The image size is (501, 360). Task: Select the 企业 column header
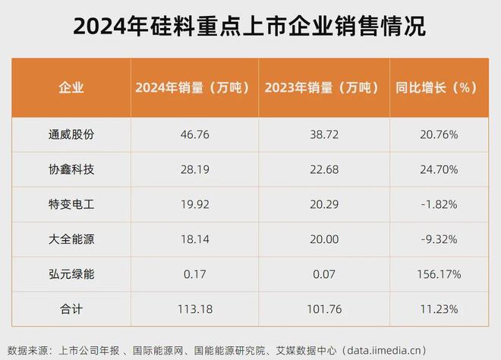pyautogui.click(x=71, y=87)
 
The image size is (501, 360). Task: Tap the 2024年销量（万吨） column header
pyautogui.click(x=193, y=87)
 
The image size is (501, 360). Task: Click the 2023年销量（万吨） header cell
pyautogui.click(x=322, y=87)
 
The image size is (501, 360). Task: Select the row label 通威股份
pyautogui.click(x=71, y=134)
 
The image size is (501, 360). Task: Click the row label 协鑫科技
pyautogui.click(x=71, y=169)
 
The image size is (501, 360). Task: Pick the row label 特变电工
pyautogui.click(x=71, y=204)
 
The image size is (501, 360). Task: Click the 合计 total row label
pyautogui.click(x=71, y=308)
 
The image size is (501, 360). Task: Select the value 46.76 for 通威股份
pyautogui.click(x=193, y=134)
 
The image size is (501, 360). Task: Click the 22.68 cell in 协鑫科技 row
pyautogui.click(x=322, y=169)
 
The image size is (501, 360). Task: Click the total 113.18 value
pyautogui.click(x=193, y=308)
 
